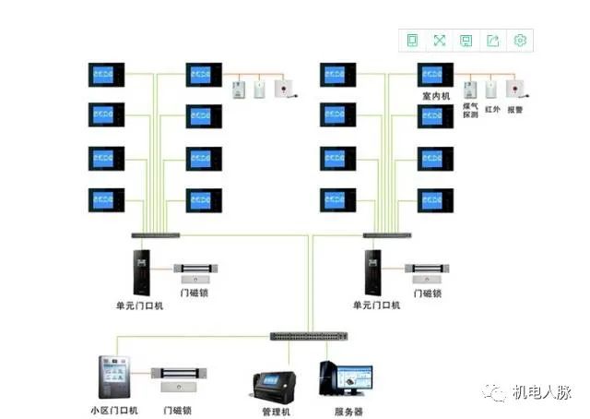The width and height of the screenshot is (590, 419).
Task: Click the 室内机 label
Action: pyautogui.click(x=435, y=96)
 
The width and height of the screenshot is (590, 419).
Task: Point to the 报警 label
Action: pyautogui.click(x=515, y=109)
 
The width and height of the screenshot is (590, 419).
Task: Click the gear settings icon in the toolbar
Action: pyautogui.click(x=520, y=40)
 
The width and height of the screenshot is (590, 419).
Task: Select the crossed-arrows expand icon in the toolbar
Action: pyautogui.click(x=440, y=40)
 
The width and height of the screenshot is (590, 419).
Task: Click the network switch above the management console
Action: pyautogui.click(x=305, y=335)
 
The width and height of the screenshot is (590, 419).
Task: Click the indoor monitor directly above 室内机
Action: pyautogui.click(x=435, y=74)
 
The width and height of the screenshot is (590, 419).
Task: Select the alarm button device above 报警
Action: pyautogui.click(x=517, y=90)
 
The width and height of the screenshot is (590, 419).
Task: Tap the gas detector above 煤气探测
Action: pyautogui.click(x=469, y=89)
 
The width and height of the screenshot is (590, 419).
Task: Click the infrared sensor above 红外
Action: pyautogui.click(x=492, y=90)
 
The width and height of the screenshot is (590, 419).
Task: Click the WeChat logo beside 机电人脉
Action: pyautogui.click(x=499, y=393)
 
